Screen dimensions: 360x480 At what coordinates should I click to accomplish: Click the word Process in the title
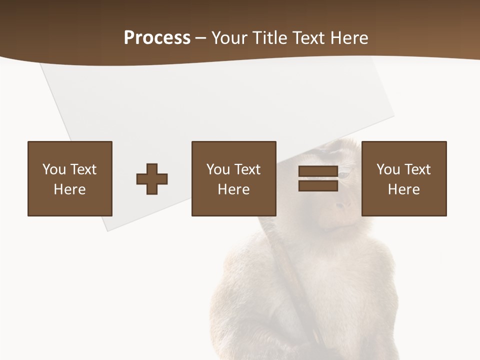157,38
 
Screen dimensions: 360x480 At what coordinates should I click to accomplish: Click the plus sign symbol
152,179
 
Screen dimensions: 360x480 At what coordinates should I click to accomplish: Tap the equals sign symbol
318,178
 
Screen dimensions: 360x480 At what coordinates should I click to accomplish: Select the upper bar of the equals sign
318,171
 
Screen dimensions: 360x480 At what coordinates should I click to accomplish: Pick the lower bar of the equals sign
318,185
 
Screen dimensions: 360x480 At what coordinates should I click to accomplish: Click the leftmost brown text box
70,178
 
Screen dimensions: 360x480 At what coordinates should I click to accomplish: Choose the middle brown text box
233,178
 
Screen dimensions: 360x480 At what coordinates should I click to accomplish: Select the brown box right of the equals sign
404,178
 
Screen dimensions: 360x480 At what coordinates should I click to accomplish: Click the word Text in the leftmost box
83,169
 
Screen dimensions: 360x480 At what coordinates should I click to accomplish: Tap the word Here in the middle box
233,189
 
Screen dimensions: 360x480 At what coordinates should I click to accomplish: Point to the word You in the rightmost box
388,169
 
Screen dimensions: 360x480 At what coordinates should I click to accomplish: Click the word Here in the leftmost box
70,189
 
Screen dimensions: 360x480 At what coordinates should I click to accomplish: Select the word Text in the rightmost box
417,169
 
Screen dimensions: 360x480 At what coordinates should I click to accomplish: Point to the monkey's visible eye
345,174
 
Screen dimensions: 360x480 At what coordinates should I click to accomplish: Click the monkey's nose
343,204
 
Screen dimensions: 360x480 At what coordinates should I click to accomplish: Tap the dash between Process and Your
200,38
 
